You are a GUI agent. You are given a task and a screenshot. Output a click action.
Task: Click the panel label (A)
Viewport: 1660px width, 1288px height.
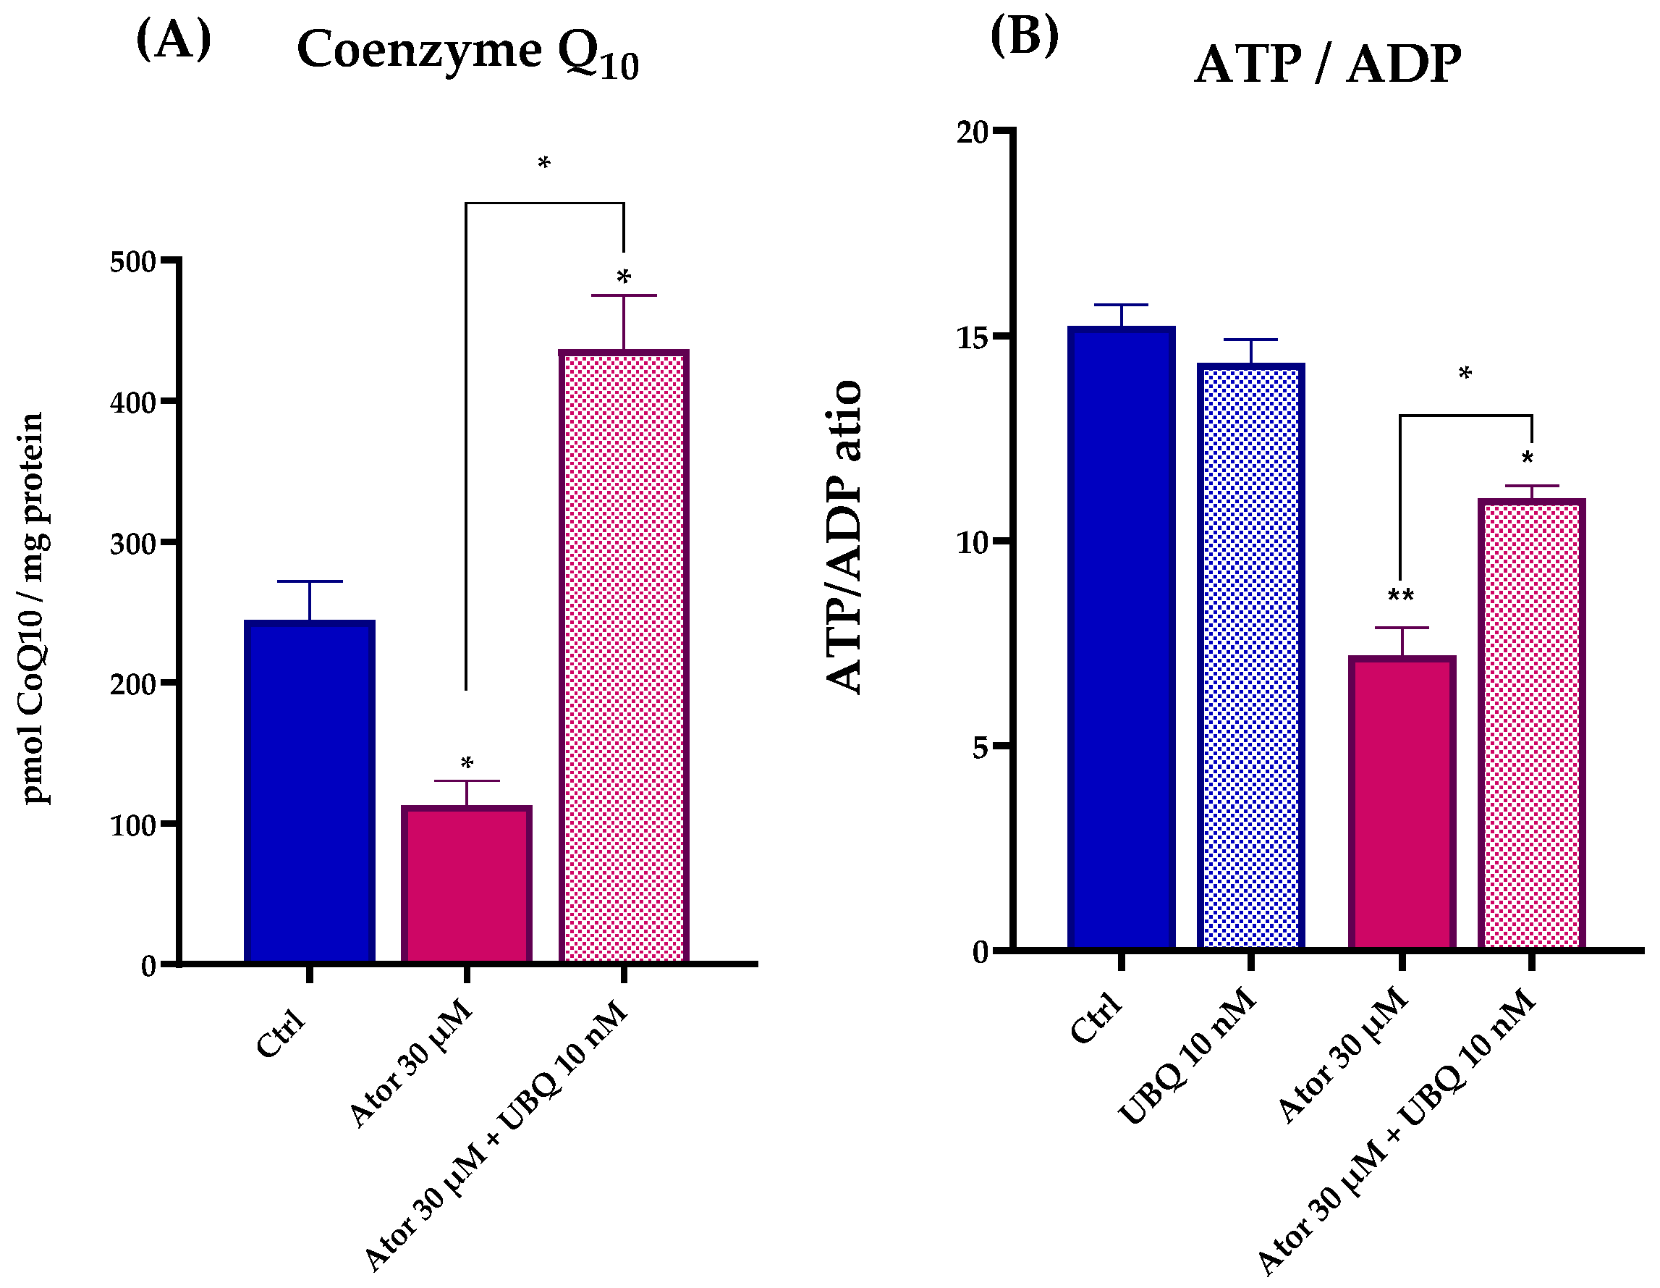coord(173,40)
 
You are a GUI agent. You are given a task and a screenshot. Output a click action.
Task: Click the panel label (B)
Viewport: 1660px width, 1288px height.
coord(1024,35)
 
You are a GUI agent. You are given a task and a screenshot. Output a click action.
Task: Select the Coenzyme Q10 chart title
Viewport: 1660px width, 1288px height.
coord(467,51)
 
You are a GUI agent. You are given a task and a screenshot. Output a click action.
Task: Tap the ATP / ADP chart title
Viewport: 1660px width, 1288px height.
coord(1327,64)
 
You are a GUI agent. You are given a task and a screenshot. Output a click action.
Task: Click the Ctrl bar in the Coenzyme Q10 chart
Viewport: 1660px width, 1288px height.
coord(309,791)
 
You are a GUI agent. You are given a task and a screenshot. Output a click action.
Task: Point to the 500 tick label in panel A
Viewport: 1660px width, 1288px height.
coord(133,261)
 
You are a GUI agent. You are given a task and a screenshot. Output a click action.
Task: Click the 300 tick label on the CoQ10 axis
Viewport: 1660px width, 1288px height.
coord(133,544)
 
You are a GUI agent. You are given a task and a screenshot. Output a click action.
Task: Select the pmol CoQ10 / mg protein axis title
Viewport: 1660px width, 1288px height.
coord(33,608)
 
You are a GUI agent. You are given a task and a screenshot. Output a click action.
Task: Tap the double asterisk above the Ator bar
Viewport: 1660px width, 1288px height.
coord(1401,595)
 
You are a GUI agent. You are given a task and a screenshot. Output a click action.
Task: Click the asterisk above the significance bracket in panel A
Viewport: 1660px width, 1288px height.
coord(543,163)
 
